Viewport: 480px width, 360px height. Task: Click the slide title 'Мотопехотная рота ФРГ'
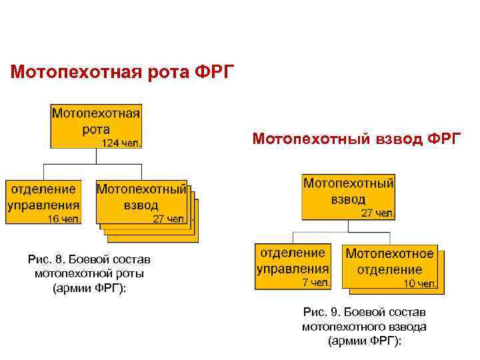point(123,71)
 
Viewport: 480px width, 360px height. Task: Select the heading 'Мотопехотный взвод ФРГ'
point(357,139)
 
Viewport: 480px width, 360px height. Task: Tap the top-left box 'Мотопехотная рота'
point(96,125)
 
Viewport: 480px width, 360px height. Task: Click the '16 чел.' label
point(63,218)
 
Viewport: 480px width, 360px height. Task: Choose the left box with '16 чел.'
point(43,201)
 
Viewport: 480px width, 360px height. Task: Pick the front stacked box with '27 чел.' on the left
point(141,201)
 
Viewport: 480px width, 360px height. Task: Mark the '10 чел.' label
point(420,283)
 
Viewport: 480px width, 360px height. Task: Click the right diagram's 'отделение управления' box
point(293,266)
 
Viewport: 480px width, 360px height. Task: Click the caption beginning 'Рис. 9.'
point(364,327)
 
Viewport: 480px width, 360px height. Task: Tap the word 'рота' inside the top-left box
point(96,129)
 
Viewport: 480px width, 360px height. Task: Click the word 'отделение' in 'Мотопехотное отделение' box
point(389,270)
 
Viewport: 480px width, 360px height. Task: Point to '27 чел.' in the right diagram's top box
point(377,213)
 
